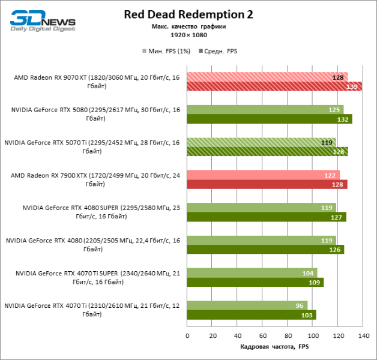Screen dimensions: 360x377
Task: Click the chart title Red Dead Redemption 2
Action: [188, 14]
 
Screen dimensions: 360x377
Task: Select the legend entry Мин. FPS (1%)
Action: [166, 51]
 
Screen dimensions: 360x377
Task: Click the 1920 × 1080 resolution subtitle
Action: [188, 35]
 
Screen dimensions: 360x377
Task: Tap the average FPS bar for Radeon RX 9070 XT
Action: [274, 86]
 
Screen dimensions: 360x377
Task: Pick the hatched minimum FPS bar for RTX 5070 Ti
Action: [261, 142]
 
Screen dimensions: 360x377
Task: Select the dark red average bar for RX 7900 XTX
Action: [267, 184]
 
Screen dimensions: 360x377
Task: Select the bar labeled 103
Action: [252, 315]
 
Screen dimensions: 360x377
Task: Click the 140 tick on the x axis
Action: [363, 335]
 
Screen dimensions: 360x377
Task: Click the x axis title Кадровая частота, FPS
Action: [274, 347]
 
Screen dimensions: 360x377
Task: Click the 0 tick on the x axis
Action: [187, 335]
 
